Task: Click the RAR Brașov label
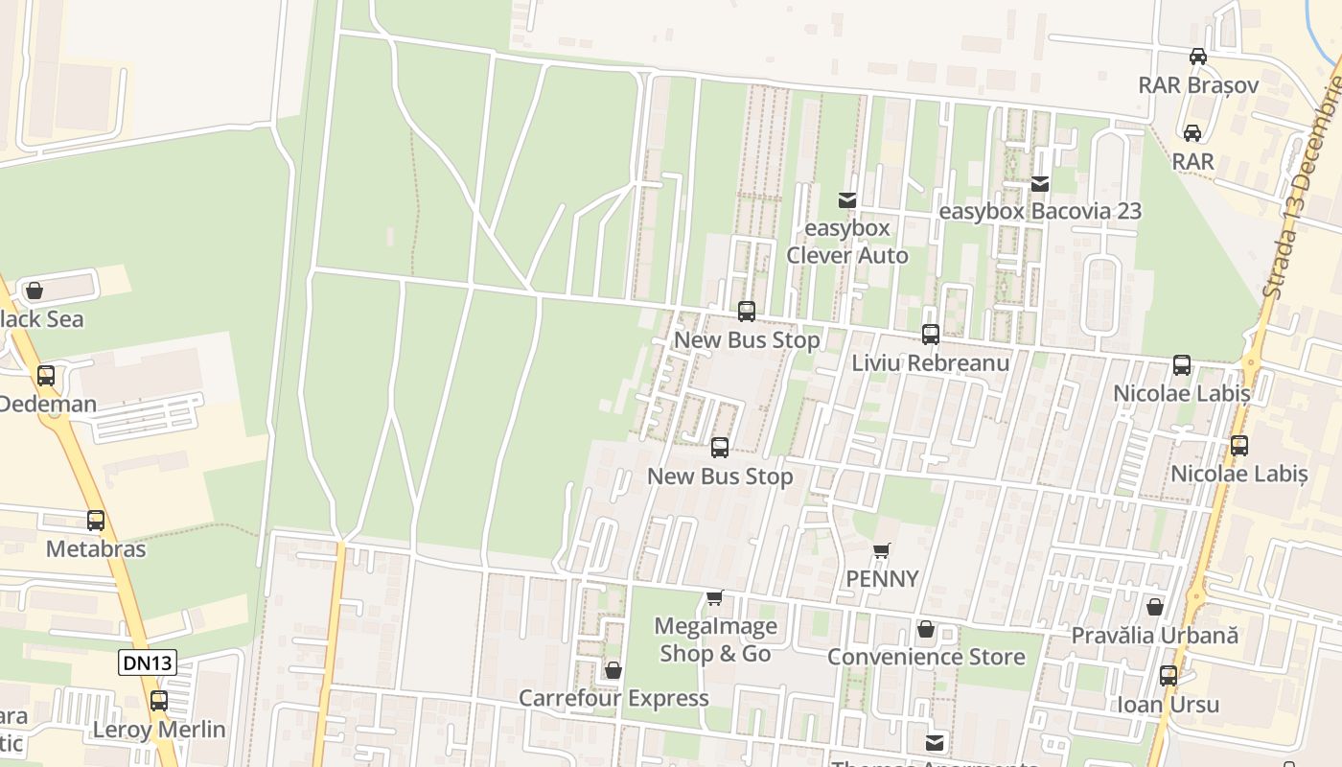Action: pos(1198,84)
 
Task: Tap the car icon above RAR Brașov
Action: pos(1198,56)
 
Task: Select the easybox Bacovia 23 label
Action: pos(1040,211)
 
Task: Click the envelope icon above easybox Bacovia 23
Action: pos(1040,183)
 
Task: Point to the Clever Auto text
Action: pos(847,255)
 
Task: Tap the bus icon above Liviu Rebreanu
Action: pos(930,335)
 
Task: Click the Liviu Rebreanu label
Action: pos(930,363)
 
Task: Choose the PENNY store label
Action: pos(882,579)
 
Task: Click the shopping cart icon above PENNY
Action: pos(882,550)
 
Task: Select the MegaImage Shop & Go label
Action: pos(715,639)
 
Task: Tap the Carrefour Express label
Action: pos(613,698)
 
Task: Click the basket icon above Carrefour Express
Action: pos(613,669)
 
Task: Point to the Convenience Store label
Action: pos(926,657)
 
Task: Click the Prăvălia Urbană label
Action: pos(1154,635)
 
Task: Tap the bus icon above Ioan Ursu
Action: pos(1168,676)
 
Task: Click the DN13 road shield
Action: pos(148,662)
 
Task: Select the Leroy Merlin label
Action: pos(159,730)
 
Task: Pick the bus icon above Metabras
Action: pos(96,521)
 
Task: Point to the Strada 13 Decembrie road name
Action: pos(1302,192)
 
